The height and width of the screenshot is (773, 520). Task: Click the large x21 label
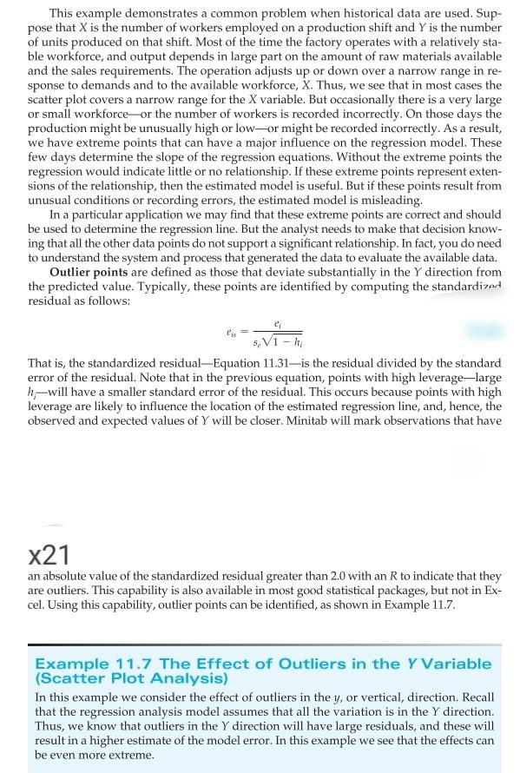(x=49, y=553)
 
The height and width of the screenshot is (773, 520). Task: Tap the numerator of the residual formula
(x=276, y=322)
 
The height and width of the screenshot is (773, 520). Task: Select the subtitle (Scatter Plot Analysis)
(x=130, y=678)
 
